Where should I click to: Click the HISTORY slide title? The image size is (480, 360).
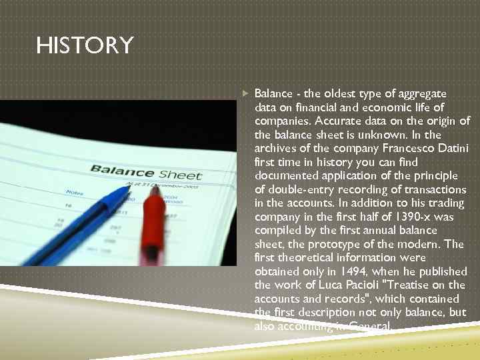[85, 46]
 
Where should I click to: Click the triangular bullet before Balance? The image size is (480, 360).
[245, 94]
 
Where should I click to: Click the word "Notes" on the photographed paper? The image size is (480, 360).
[75, 193]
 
